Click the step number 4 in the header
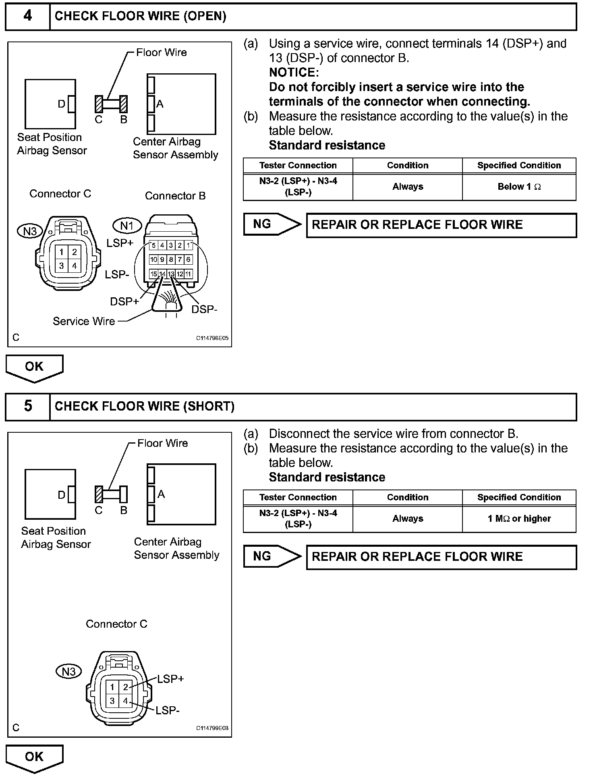click(27, 16)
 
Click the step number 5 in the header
click(27, 406)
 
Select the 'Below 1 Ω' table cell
click(519, 187)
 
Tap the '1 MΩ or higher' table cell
click(519, 519)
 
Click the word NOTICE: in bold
click(294, 73)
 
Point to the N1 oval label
click(127, 226)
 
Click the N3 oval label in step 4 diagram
click(30, 231)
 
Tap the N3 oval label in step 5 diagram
click(68, 672)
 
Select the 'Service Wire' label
click(84, 322)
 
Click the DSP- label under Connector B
click(204, 309)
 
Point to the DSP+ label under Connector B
click(124, 301)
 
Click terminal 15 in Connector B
click(153, 274)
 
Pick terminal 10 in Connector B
click(153, 260)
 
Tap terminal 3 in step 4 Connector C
click(61, 266)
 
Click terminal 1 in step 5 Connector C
click(112, 687)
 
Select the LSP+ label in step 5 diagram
click(170, 679)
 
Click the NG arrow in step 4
click(272, 224)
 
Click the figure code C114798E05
click(212, 338)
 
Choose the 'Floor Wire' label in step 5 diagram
click(162, 443)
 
